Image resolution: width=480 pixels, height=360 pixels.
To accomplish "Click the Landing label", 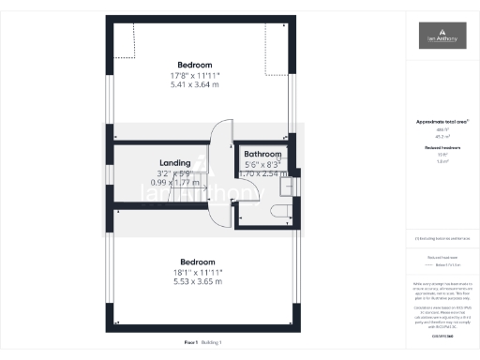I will click(175, 162).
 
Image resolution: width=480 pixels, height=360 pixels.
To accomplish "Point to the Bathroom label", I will click(262, 154).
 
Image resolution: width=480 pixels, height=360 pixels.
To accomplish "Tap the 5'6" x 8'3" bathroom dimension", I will click(262, 164).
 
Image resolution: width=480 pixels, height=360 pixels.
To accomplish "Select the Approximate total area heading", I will click(438, 122).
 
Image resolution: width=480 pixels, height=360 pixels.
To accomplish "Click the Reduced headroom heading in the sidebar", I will click(438, 148).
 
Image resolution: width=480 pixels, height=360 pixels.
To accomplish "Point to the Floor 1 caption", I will click(190, 343).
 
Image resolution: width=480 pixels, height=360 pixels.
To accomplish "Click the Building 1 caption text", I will click(213, 343).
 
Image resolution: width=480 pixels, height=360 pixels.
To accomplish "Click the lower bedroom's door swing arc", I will click(221, 215).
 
